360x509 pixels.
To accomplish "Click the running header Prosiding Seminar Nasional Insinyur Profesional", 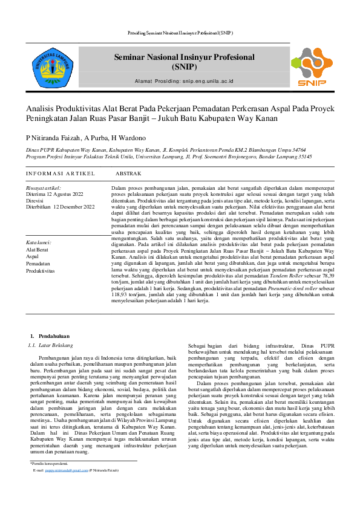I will coord(180,32).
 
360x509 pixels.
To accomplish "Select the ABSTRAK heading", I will coord(128,173).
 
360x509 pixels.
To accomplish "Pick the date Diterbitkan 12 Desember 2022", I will coord(61,207).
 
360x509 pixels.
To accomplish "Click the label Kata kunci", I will coord(39,242).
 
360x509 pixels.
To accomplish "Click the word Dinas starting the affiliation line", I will coord(33,149).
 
